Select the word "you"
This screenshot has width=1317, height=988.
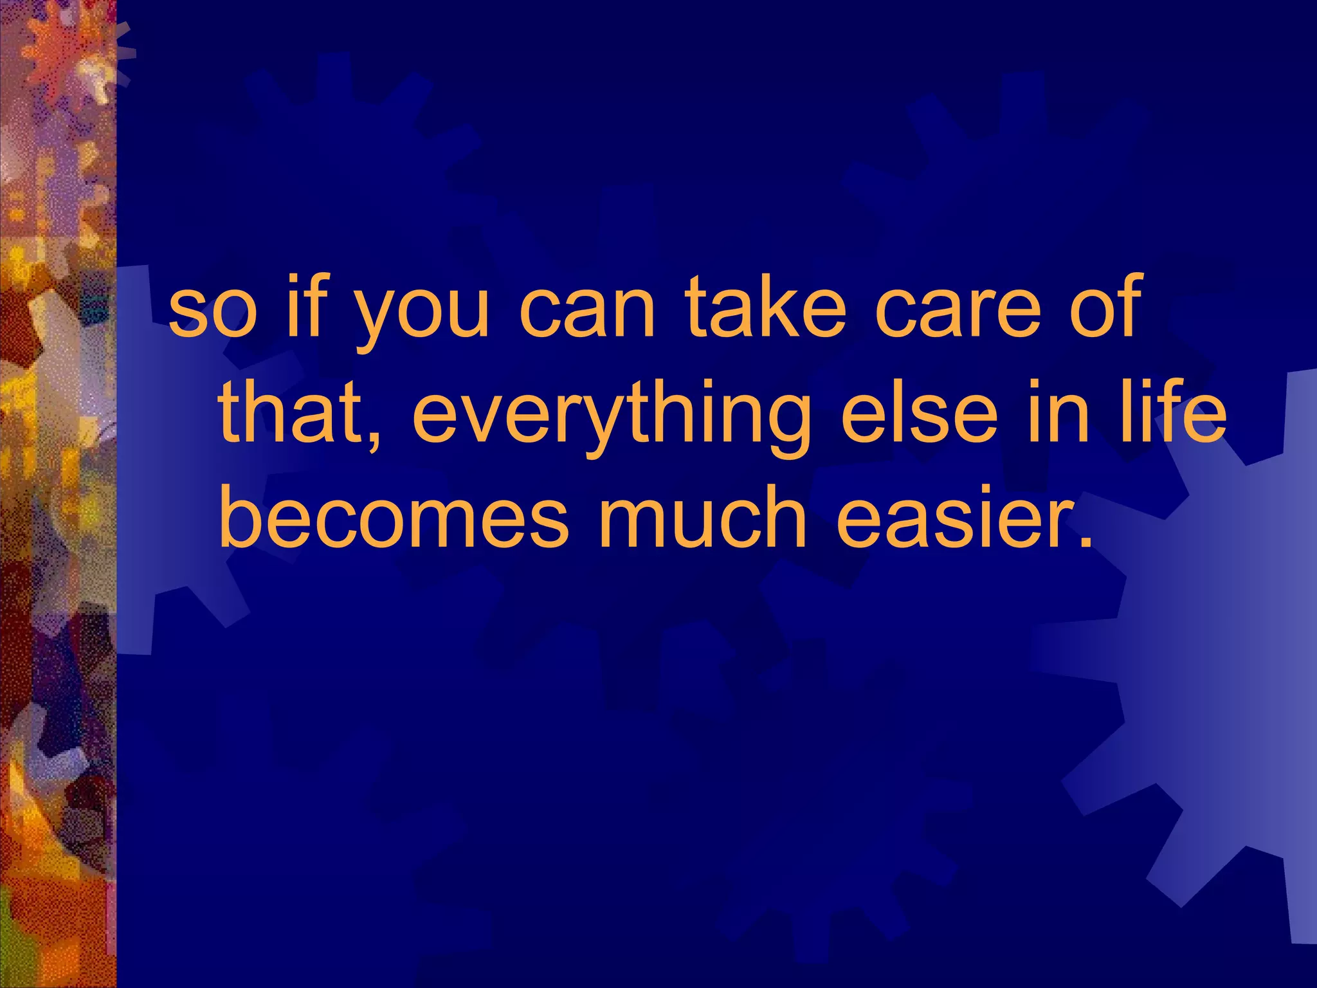pos(422,315)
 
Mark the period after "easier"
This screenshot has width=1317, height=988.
pos(1083,541)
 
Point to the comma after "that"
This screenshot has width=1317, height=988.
pos(375,440)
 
